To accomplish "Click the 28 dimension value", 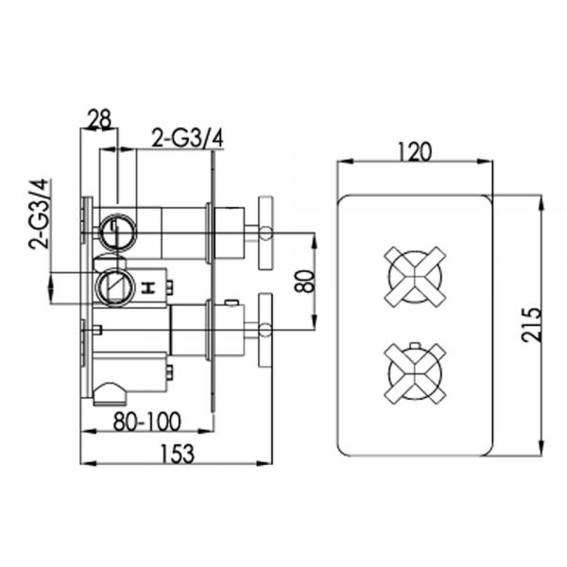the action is click(x=99, y=119).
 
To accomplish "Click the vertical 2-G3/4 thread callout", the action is click(x=39, y=214).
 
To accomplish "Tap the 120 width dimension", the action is click(x=415, y=151).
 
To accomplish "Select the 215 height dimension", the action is click(x=531, y=325).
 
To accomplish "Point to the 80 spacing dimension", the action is click(x=304, y=281).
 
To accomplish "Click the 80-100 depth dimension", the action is click(x=146, y=421).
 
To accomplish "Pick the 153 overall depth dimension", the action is click(x=178, y=454).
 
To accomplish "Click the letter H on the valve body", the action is click(x=147, y=288).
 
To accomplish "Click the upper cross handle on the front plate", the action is click(x=415, y=277).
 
